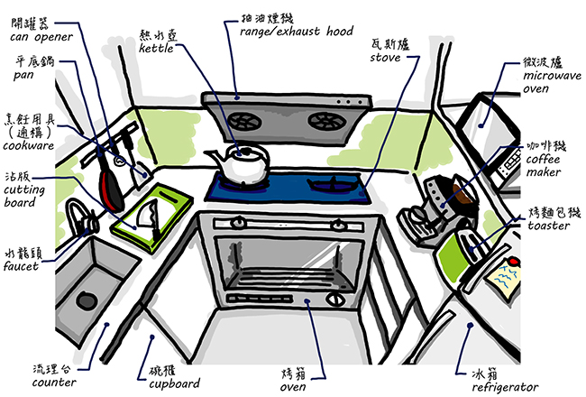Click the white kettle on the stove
(243, 165)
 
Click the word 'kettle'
(161, 48)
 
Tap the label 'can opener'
(39, 38)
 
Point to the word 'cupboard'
(168, 383)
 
